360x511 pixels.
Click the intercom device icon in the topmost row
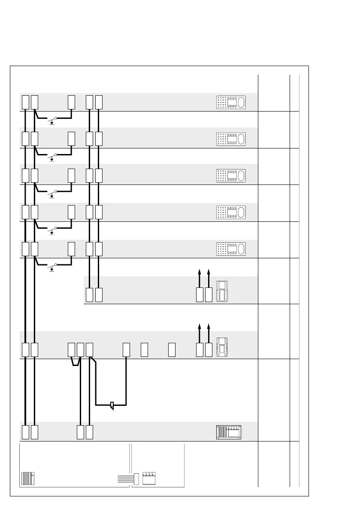point(231,102)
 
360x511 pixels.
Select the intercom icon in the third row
point(231,175)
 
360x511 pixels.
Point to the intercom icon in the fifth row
point(231,249)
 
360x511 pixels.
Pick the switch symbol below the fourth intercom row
point(53,229)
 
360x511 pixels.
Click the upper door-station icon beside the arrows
point(223,292)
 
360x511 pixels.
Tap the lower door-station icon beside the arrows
point(223,347)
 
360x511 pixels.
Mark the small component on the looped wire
point(112,405)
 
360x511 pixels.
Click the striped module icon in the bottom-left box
point(27,478)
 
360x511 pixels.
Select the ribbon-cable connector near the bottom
point(136,478)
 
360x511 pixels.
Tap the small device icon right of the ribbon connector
point(148,478)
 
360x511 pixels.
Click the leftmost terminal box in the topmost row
point(25,102)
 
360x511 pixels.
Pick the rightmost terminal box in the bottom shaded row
point(90,432)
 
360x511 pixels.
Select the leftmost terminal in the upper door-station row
point(89,295)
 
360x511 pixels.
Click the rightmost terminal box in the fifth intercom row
point(99,249)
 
